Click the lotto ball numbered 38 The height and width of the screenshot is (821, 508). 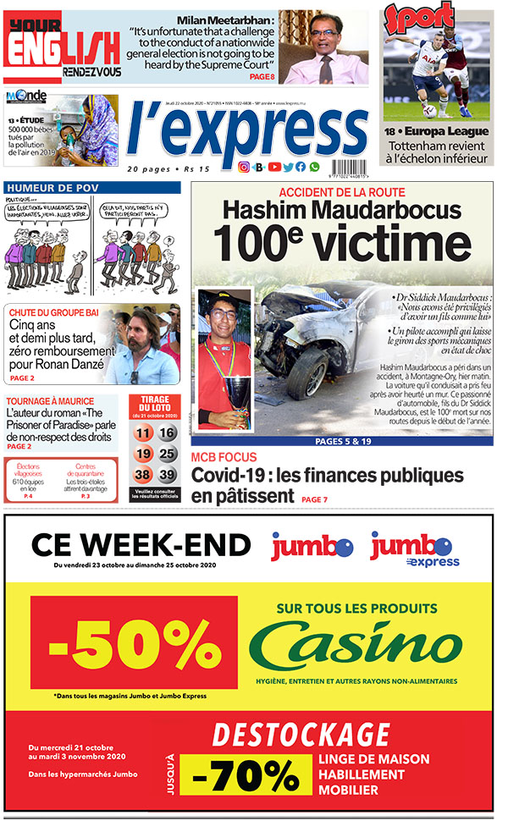[x=143, y=475]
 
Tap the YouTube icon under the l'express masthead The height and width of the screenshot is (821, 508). [x=273, y=168]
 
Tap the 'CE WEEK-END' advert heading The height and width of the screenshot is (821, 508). [x=141, y=544]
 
